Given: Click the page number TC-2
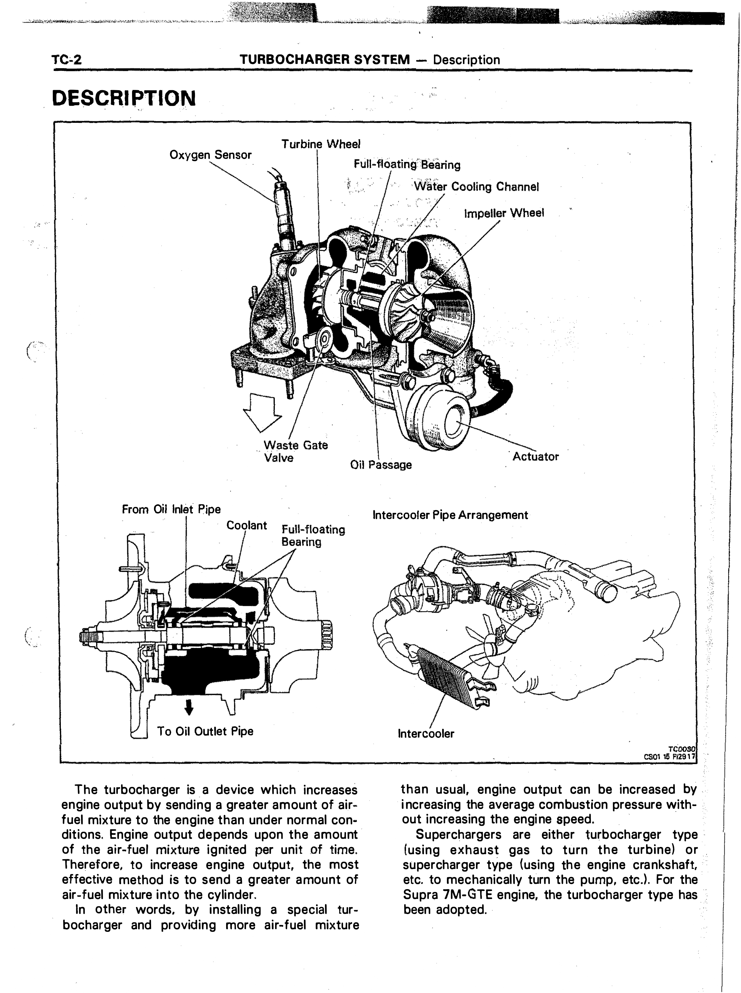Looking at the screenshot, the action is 67,60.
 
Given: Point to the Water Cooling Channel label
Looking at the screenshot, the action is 476,187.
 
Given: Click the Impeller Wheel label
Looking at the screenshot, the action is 504,213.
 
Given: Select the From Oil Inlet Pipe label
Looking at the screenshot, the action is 171,509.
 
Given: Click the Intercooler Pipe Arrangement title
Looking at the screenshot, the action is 450,515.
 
